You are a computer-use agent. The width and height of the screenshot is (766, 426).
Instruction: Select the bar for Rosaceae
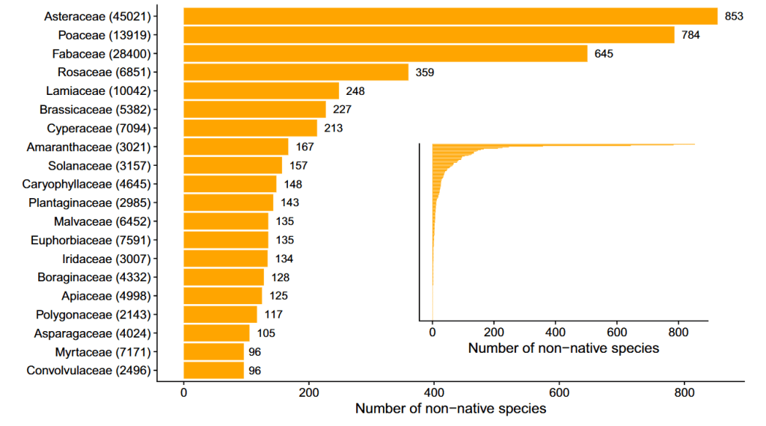[x=296, y=72]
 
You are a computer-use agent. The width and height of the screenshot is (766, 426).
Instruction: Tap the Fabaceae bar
[x=385, y=54]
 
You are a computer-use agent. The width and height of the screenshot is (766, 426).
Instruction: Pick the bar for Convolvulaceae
[x=214, y=371]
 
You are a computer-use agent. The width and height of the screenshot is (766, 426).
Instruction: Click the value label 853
[x=734, y=16]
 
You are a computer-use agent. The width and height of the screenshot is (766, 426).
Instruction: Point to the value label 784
[x=690, y=35]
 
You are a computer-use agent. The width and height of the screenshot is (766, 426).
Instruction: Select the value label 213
[x=333, y=129]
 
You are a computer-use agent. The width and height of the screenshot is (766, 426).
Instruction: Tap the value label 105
[x=266, y=333]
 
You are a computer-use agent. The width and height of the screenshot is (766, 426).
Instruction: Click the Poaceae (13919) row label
[x=105, y=35]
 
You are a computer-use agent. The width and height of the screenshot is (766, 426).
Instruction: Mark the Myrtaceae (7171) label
[x=103, y=352]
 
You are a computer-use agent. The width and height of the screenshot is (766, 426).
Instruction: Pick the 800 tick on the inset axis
[x=678, y=332]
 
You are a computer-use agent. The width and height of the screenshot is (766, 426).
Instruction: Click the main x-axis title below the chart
[x=450, y=409]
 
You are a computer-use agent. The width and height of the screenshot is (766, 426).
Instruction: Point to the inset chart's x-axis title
[x=563, y=348]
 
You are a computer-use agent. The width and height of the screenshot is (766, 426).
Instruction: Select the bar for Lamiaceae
[x=261, y=91]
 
